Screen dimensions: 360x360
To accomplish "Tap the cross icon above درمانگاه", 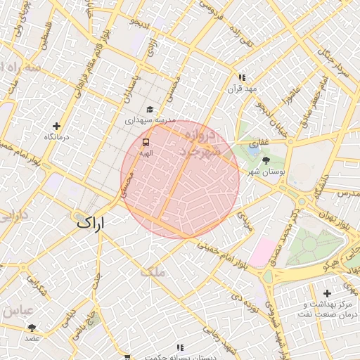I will click(x=56, y=127).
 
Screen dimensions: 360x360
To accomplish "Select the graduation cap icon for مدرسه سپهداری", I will click(x=149, y=110).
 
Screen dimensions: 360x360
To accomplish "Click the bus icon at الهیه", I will click(x=146, y=141).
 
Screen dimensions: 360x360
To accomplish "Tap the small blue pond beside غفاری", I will click(x=252, y=148).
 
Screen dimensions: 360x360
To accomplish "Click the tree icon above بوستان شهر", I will click(x=265, y=161).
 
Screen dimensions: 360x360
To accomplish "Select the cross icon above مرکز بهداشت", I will click(x=326, y=292).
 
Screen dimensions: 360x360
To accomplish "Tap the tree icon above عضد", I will click(x=32, y=328).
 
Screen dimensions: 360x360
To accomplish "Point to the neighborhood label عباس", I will click(x=17, y=310).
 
